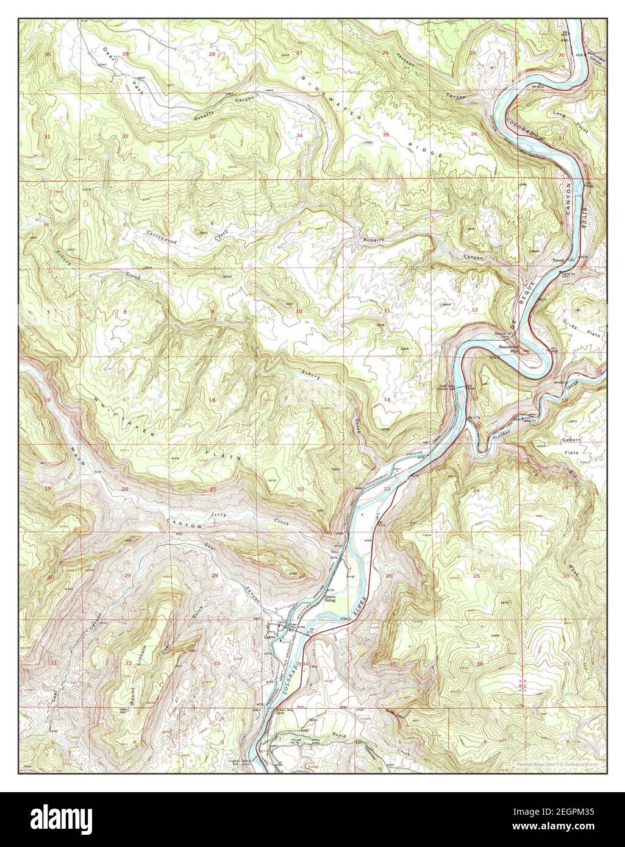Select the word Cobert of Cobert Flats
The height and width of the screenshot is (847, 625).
572,439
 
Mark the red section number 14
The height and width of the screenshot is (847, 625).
387,399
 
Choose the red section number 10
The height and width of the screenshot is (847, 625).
299,312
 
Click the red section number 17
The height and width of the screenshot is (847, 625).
125,400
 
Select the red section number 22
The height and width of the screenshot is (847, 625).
300,489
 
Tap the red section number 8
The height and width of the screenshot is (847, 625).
125,313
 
